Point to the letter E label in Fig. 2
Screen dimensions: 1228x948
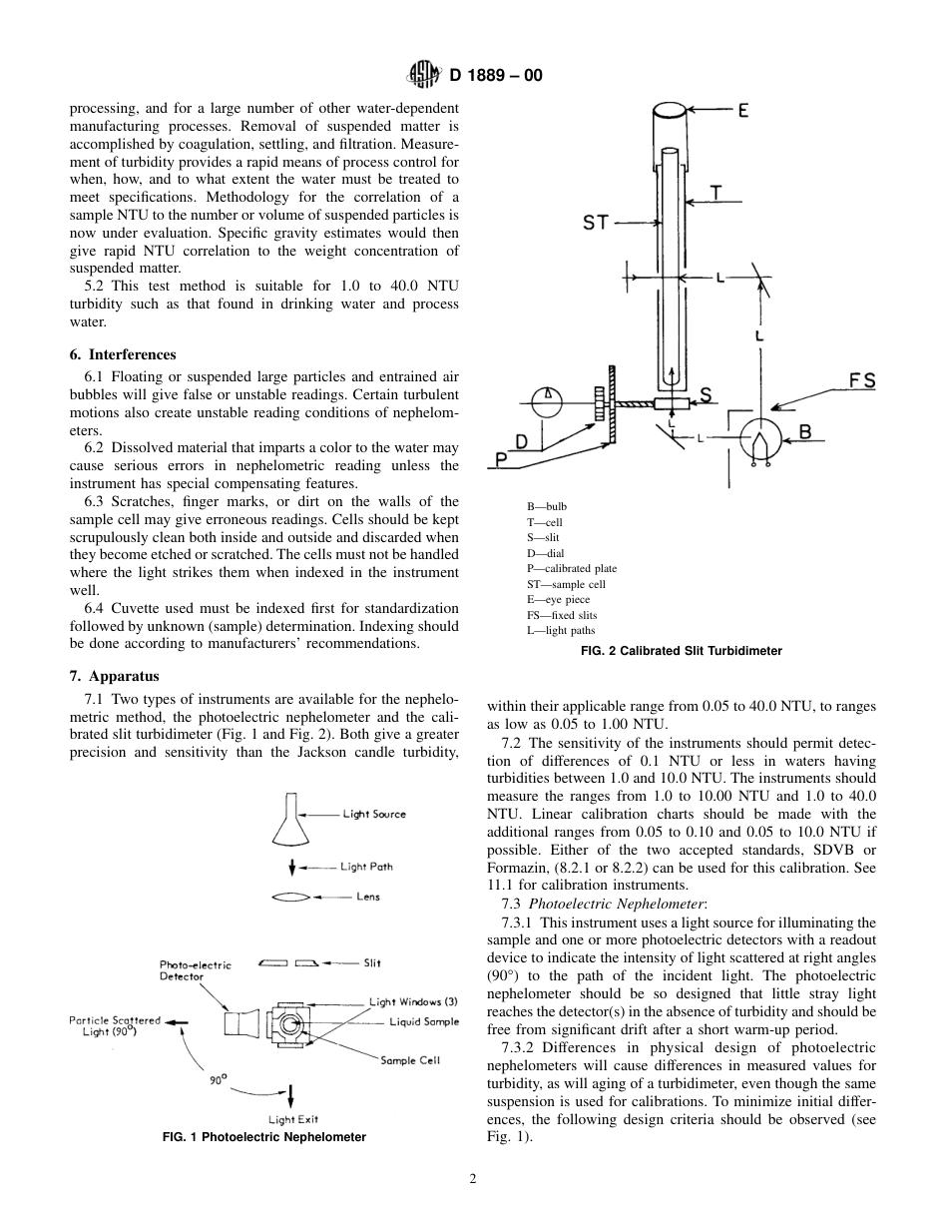(x=742, y=112)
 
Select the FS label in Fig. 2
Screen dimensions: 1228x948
(x=861, y=381)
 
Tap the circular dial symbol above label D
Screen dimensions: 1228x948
(x=548, y=401)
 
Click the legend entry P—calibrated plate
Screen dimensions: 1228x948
(x=571, y=568)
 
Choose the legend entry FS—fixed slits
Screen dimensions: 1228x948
(x=562, y=615)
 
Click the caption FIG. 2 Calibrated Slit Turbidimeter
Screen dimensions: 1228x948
(x=681, y=651)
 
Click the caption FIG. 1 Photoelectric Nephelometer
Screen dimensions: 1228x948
(x=263, y=1137)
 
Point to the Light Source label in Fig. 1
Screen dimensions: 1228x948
(x=374, y=815)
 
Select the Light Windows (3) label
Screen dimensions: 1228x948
(x=413, y=1001)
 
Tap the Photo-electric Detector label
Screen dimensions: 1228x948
(x=195, y=970)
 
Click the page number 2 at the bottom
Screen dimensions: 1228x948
(x=473, y=1178)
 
